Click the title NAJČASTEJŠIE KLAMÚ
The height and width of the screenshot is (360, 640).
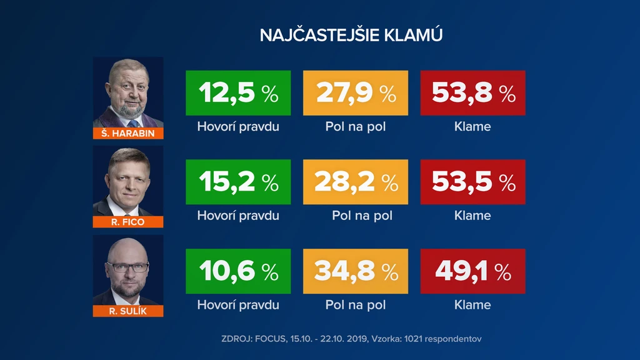351,35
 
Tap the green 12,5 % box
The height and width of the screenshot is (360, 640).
238,92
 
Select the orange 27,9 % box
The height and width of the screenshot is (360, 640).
356,92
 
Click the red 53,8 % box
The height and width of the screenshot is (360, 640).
472,92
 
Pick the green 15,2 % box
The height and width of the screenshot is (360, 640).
238,182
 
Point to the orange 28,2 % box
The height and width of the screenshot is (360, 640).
356,182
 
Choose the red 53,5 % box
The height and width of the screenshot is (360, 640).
472,182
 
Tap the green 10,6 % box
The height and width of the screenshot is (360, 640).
238,271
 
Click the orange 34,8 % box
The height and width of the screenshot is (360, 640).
356,271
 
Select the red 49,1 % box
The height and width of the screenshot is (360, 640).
472,271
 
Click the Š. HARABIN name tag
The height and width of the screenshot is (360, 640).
128,134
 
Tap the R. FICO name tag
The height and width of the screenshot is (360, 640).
128,222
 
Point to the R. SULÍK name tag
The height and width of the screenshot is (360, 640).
128,311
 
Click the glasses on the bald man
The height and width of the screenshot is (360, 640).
127,267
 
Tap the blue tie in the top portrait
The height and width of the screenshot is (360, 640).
133,124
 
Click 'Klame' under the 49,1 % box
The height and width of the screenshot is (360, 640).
472,305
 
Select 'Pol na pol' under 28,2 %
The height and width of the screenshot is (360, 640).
362,216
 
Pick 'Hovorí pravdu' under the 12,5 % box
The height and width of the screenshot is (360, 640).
238,127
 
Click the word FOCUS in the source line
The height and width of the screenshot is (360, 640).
271,339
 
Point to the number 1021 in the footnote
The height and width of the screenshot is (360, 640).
413,339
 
